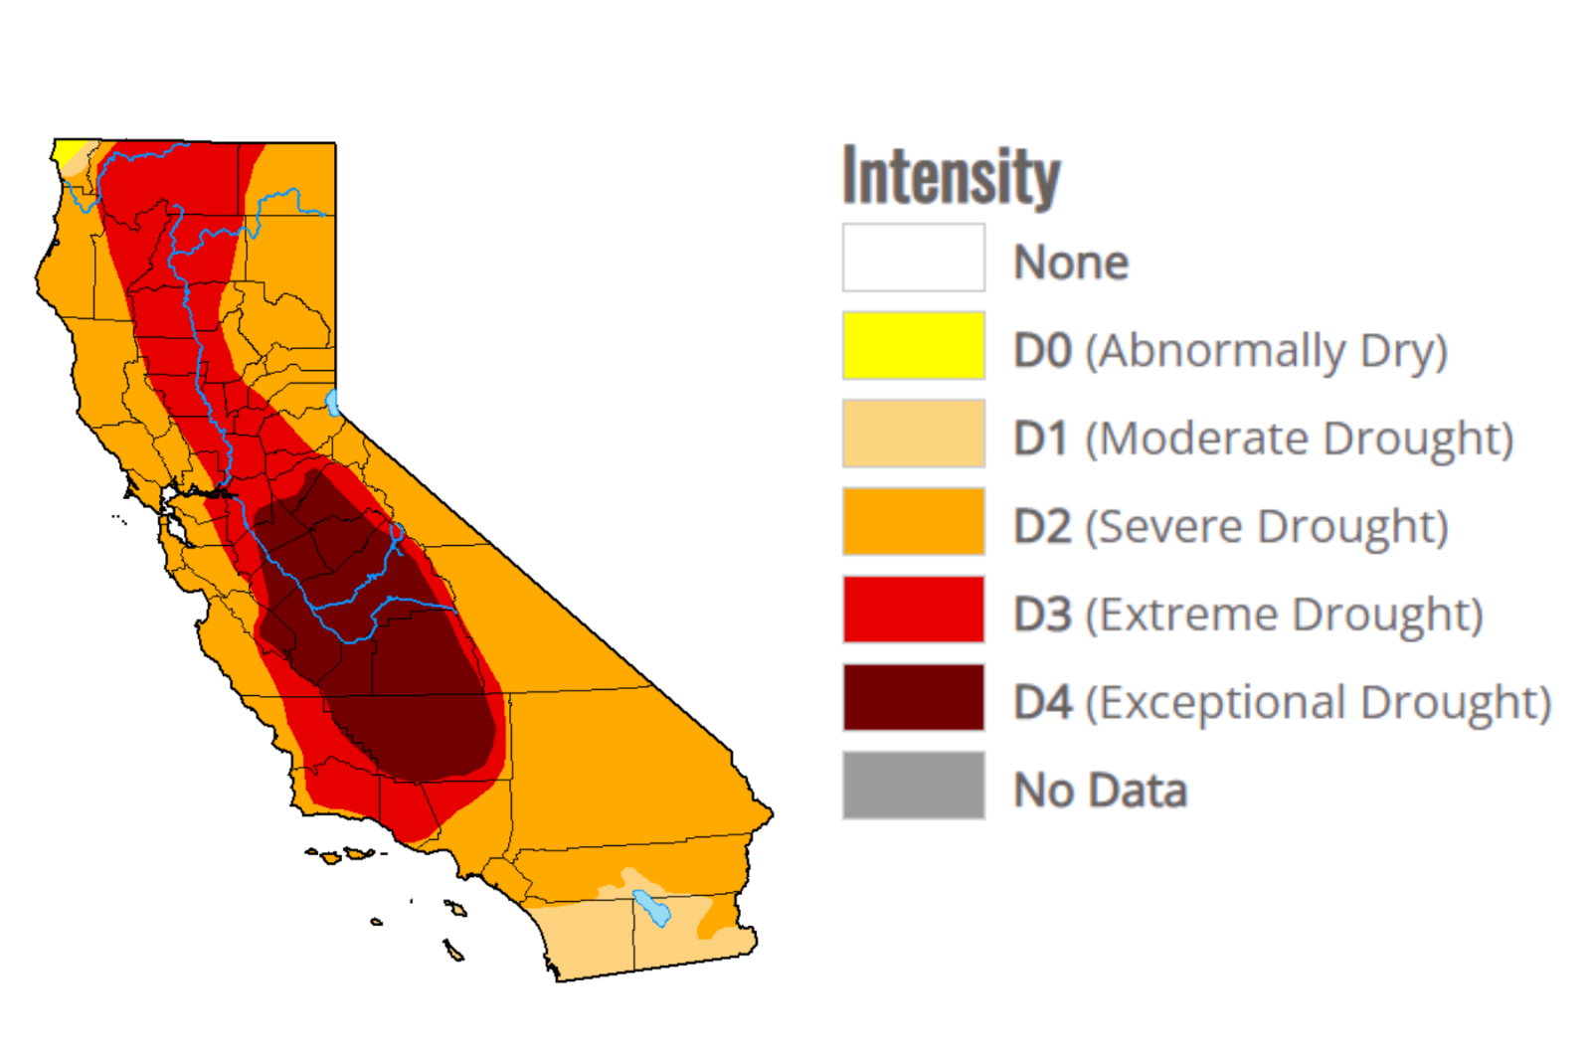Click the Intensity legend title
pos(951,176)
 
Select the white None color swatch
pos(914,258)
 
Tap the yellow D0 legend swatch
pos(914,346)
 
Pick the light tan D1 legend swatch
pos(914,434)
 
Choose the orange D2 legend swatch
pos(914,521)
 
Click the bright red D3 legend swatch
pos(914,610)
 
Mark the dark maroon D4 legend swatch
pos(914,698)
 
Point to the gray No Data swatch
pos(914,786)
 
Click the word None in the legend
pos(1071,263)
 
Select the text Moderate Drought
pos(1300,440)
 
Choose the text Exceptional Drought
pos(1319,703)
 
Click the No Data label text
pos(1100,791)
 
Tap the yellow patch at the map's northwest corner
pos(68,150)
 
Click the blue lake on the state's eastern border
pos(332,402)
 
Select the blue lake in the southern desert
pos(652,908)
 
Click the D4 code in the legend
pos(1043,703)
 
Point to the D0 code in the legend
pos(1043,351)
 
